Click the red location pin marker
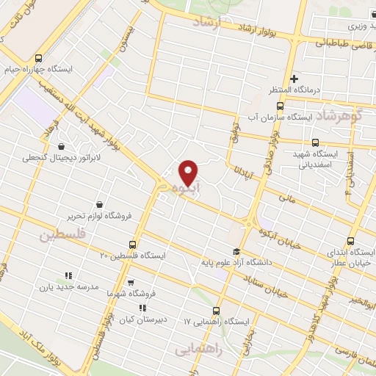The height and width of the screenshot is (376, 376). pyautogui.click(x=189, y=172)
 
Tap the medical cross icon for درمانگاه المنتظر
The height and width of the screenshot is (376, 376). pyautogui.click(x=294, y=78)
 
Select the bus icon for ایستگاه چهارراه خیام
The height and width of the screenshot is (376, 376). pyautogui.click(x=39, y=59)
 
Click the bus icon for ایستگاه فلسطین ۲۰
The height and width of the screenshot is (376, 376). pyautogui.click(x=132, y=243)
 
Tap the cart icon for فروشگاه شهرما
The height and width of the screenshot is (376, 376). pyautogui.click(x=131, y=281)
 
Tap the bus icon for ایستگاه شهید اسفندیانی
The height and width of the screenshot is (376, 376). pyautogui.click(x=315, y=142)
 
